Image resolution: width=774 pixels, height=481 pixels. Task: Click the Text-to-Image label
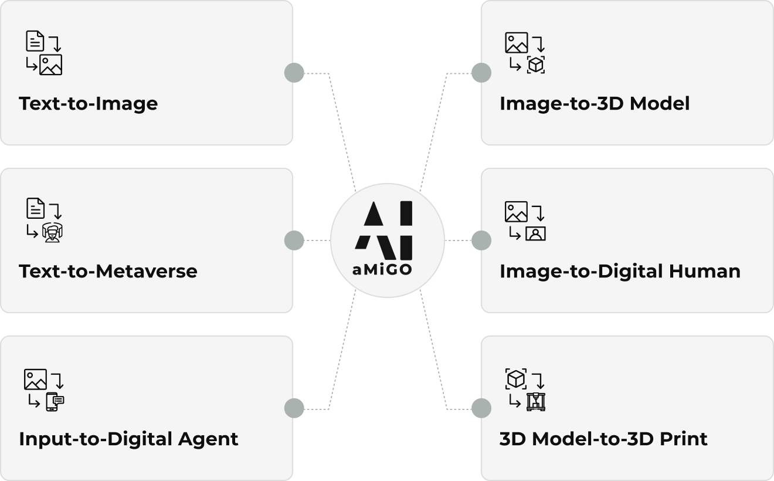88,104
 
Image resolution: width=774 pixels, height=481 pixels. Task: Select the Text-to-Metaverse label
108,272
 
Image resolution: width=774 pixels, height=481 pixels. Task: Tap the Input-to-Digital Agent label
128,439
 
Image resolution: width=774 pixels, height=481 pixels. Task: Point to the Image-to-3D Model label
595,104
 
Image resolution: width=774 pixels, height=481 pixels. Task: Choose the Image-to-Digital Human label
620,272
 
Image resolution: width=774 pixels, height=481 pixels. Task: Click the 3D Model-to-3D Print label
603,439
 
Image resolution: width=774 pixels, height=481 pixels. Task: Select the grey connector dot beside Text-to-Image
294,73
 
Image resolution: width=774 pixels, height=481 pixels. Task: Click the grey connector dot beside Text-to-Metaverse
294,240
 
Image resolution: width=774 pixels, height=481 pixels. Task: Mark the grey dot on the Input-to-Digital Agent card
294,408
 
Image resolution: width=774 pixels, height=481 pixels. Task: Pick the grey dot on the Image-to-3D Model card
481,73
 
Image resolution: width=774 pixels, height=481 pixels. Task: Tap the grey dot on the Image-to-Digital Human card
481,240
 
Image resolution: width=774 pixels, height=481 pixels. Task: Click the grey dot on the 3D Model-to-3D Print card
481,408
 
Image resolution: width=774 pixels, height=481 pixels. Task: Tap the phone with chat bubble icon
54,401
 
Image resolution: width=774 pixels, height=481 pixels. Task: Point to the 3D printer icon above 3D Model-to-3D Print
535,401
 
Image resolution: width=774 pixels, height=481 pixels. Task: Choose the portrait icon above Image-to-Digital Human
535,233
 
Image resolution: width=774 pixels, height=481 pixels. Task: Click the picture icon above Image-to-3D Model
516,43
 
